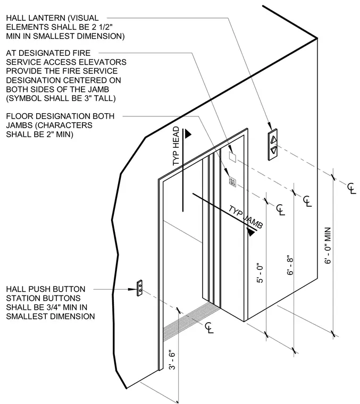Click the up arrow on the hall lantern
(273, 139)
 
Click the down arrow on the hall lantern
(274, 150)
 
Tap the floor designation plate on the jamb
(232, 182)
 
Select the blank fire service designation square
(232, 157)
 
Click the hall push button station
(139, 288)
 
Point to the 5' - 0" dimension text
(260, 273)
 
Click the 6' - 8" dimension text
(290, 265)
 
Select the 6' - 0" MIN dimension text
(328, 246)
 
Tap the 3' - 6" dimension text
(172, 360)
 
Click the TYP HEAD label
(176, 146)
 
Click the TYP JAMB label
(246, 217)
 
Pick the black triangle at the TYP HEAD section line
(188, 133)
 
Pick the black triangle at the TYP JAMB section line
(251, 232)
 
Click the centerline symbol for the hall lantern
(351, 188)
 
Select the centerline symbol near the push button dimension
(210, 328)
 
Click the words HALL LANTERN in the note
(36, 18)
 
